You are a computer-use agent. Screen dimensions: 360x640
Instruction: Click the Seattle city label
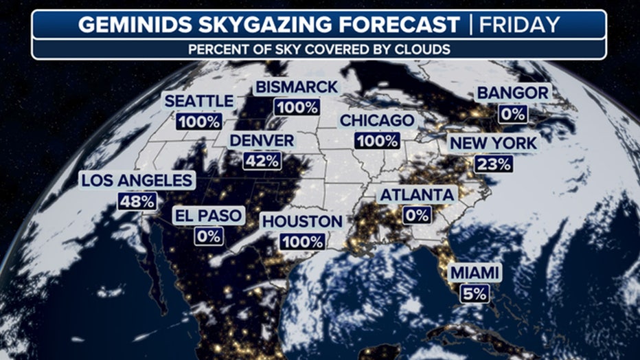click(198, 101)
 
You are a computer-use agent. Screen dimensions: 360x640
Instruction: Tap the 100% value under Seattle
click(198, 122)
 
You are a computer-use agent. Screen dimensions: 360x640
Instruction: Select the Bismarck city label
click(296, 87)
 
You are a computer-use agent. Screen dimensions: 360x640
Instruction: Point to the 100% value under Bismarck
click(296, 108)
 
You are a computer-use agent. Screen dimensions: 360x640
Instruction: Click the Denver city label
click(262, 140)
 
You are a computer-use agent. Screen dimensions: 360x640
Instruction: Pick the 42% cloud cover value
click(262, 161)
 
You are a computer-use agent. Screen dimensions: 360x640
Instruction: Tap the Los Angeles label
click(137, 181)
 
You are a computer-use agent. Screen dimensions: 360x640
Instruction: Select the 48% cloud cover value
click(137, 201)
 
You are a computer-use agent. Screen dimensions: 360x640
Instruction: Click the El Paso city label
click(207, 215)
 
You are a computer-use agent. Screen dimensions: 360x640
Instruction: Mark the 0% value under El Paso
click(207, 236)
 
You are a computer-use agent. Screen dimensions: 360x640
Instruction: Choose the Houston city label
click(301, 221)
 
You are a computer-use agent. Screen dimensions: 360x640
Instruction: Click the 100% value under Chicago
click(377, 141)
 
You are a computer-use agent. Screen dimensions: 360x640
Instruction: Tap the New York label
click(493, 144)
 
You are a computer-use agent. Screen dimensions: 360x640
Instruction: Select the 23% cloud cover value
click(493, 164)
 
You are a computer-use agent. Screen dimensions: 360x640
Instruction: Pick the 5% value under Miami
click(475, 293)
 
